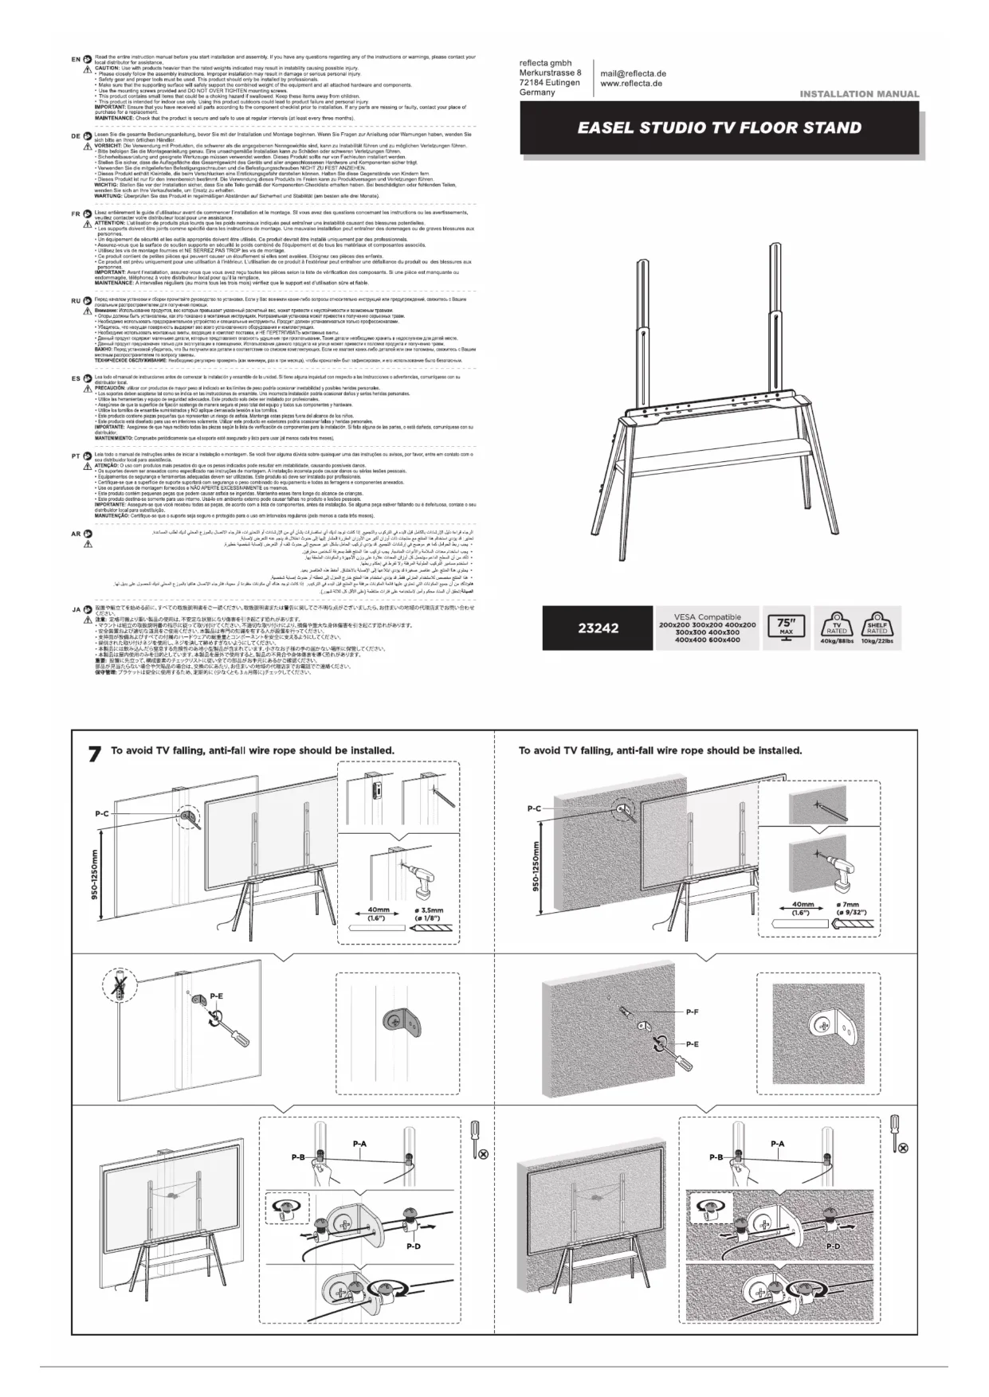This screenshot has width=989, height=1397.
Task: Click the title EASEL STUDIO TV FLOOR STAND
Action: click(x=720, y=127)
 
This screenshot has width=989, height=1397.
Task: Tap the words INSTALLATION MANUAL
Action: click(x=859, y=94)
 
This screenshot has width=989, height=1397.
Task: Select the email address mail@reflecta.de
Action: click(x=633, y=73)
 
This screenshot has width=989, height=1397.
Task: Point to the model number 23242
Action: click(x=598, y=628)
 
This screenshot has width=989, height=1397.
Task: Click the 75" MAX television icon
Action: click(x=786, y=628)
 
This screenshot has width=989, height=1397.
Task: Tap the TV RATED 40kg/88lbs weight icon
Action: click(x=837, y=627)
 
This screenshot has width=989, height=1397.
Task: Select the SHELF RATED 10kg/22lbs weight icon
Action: click(x=877, y=627)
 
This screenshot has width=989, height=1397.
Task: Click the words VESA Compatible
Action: click(x=707, y=616)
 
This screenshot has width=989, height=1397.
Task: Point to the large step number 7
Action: click(x=94, y=753)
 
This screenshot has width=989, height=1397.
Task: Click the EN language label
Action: click(x=75, y=60)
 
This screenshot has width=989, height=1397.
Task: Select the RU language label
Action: click(x=75, y=301)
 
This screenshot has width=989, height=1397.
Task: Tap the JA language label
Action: click(x=75, y=609)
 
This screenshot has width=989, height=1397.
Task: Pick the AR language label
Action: click(x=75, y=534)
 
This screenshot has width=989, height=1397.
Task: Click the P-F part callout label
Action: click(x=692, y=1012)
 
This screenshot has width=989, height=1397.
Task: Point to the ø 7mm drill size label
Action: click(x=850, y=905)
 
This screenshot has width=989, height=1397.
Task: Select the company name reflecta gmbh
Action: click(x=545, y=63)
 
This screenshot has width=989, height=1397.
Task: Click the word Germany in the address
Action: click(x=537, y=92)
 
